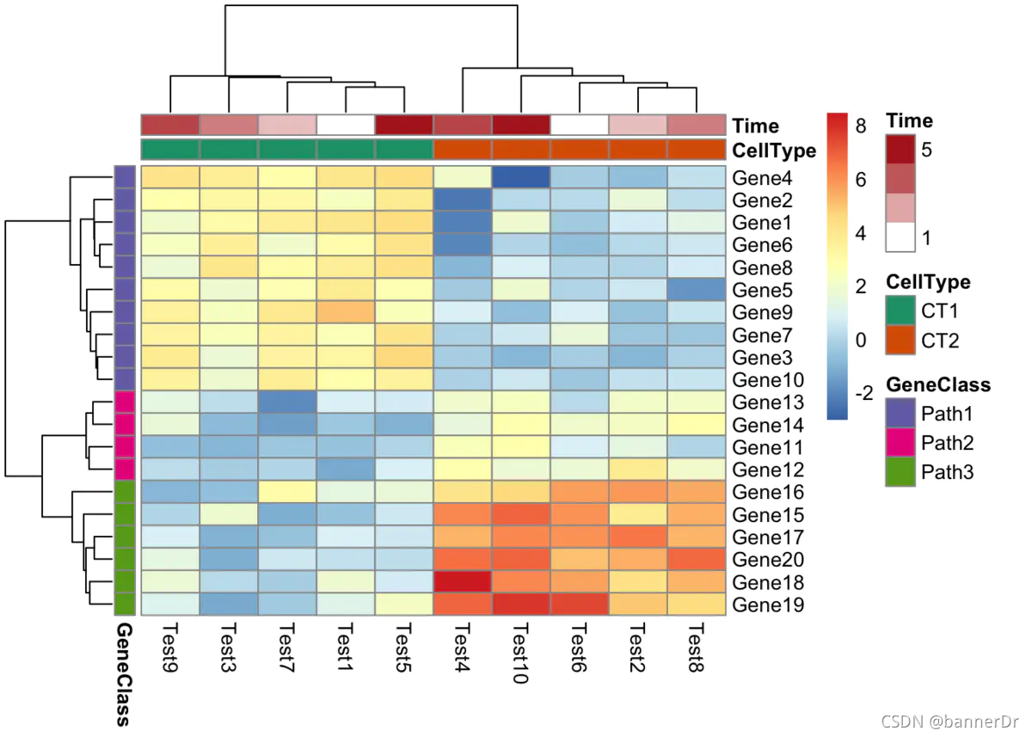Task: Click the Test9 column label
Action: (170, 650)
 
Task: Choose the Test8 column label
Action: (696, 650)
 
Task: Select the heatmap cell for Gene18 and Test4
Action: (463, 581)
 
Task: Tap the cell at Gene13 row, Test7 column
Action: (287, 402)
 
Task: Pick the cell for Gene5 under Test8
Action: (696, 290)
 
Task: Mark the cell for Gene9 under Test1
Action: (346, 312)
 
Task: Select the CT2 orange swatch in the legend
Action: (900, 341)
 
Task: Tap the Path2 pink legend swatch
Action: (900, 443)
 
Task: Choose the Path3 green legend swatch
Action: (900, 472)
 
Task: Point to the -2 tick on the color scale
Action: (864, 393)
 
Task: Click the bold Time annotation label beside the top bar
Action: (756, 126)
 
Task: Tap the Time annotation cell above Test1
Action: (346, 125)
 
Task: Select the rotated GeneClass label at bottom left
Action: (124, 674)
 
